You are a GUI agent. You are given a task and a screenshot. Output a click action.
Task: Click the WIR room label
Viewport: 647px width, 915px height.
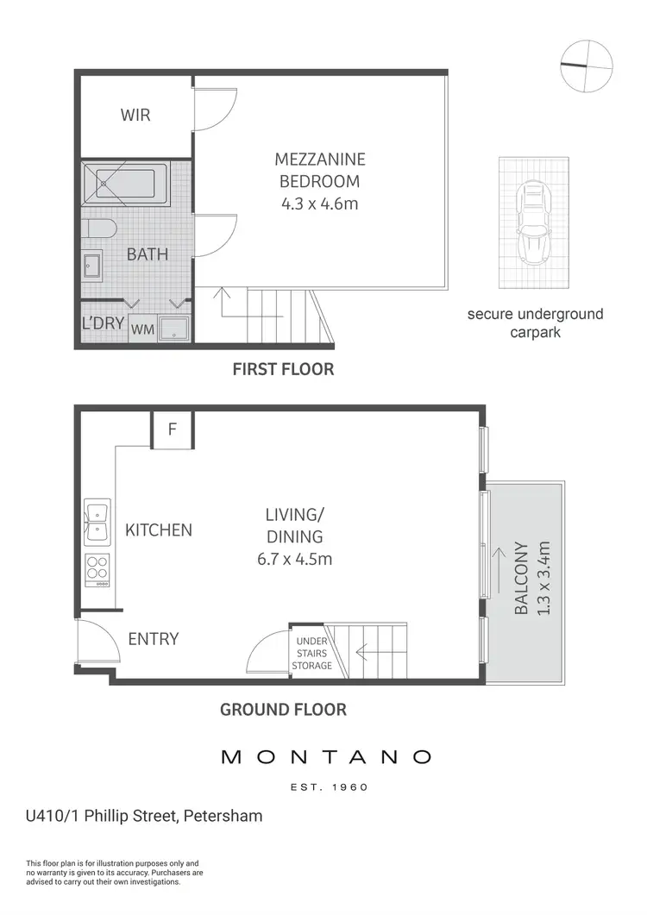(x=135, y=114)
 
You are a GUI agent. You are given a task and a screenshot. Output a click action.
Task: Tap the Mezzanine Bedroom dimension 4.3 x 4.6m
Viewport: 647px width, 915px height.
(x=319, y=204)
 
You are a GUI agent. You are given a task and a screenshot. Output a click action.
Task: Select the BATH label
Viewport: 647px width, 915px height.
(x=148, y=254)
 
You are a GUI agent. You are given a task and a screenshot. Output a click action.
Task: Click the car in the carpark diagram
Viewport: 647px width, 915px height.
(x=532, y=222)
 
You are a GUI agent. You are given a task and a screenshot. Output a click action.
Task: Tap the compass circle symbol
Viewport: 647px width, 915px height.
(x=587, y=65)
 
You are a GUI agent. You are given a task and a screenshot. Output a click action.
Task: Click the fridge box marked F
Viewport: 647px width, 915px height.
(x=172, y=429)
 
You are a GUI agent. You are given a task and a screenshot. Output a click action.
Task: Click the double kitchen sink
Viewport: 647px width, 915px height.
(x=97, y=523)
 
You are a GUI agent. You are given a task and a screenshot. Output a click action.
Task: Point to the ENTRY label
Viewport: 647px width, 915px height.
(x=154, y=639)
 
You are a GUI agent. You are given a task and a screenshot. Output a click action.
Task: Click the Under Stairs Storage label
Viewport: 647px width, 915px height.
(x=311, y=654)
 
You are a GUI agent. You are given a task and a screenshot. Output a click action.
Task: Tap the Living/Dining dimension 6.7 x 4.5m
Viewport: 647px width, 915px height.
(x=294, y=558)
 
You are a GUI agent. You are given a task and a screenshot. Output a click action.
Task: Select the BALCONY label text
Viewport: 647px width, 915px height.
(x=521, y=578)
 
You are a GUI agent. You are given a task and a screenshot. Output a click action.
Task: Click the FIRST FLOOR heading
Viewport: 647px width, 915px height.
(x=283, y=369)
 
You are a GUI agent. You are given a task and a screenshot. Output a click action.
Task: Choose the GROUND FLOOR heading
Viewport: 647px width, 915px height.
(x=283, y=710)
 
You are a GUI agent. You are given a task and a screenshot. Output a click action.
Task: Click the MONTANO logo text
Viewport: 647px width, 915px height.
(x=326, y=757)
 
